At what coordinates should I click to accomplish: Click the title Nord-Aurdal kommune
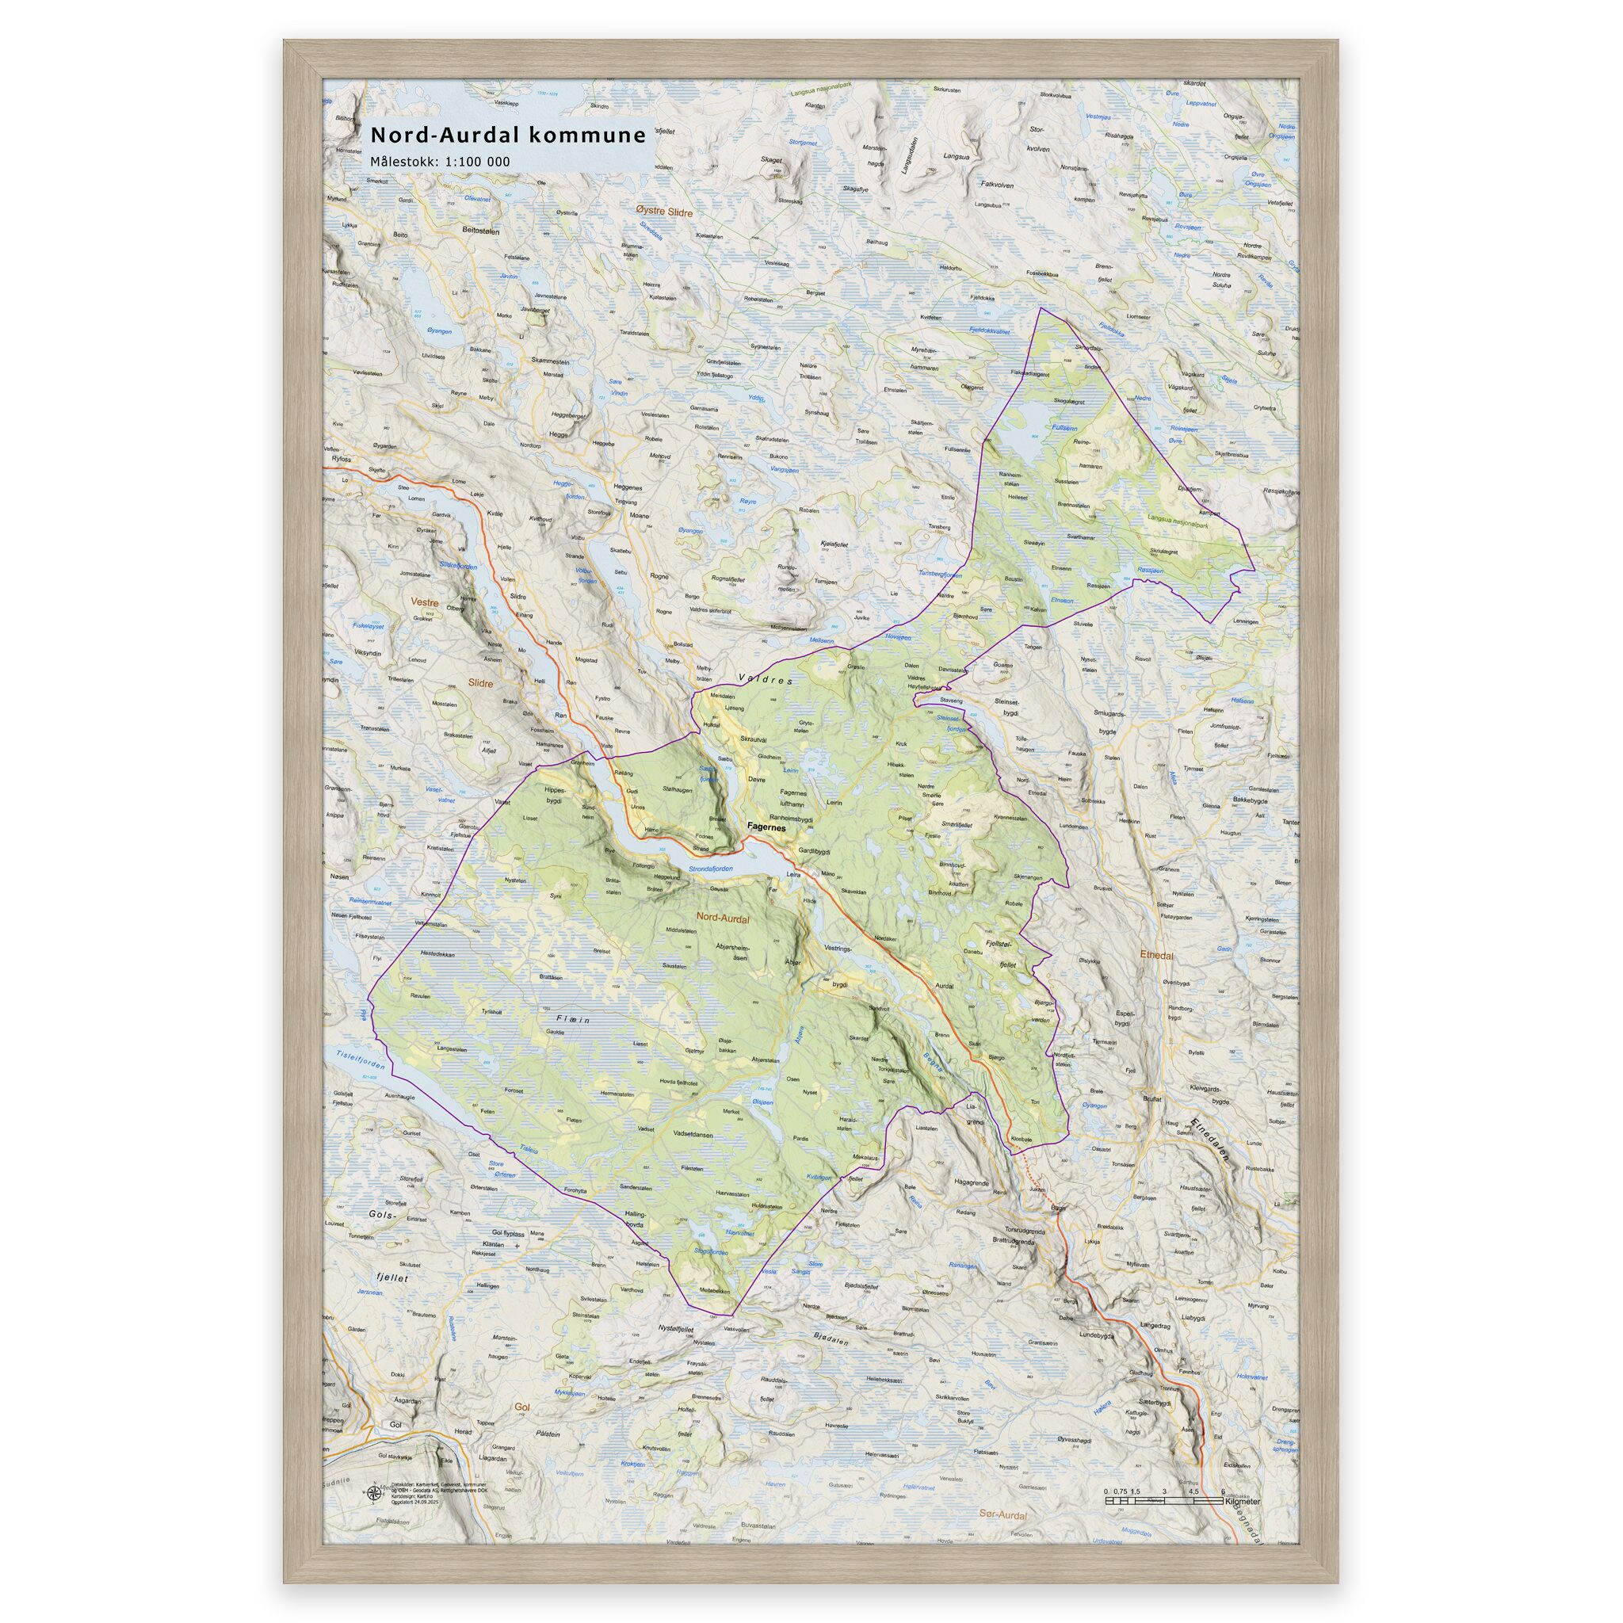(507, 135)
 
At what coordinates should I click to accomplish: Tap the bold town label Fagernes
(766, 827)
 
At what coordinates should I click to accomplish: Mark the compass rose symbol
(372, 1492)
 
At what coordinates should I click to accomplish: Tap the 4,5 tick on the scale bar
(1193, 1491)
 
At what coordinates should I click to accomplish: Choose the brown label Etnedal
(1157, 955)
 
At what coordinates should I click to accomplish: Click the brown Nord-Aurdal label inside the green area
(723, 919)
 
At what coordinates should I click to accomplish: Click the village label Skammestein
(550, 361)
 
